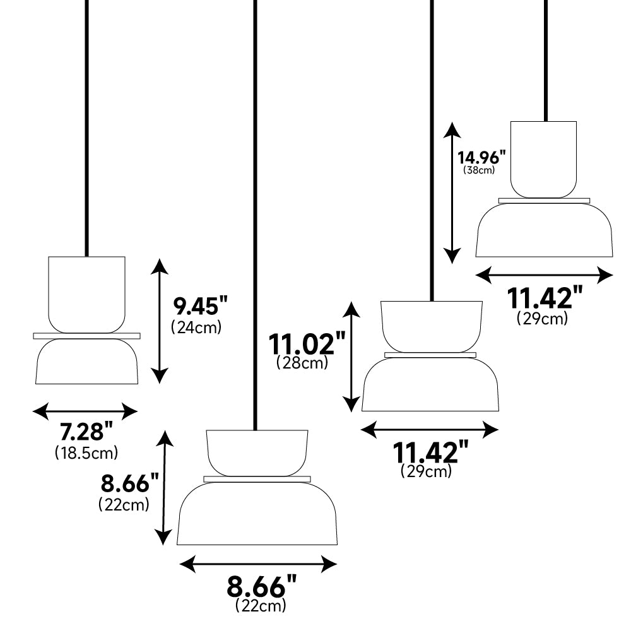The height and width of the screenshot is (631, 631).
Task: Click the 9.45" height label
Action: tap(201, 306)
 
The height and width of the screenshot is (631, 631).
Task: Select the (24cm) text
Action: tap(196, 327)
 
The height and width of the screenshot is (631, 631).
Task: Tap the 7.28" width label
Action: tap(86, 432)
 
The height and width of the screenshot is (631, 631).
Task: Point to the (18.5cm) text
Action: tap(86, 452)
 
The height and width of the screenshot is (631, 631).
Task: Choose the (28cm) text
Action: tap(302, 363)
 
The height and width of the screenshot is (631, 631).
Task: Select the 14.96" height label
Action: tap(481, 157)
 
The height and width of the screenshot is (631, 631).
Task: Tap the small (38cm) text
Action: tap(479, 170)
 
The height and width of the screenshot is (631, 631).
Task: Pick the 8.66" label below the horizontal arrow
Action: tap(262, 587)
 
